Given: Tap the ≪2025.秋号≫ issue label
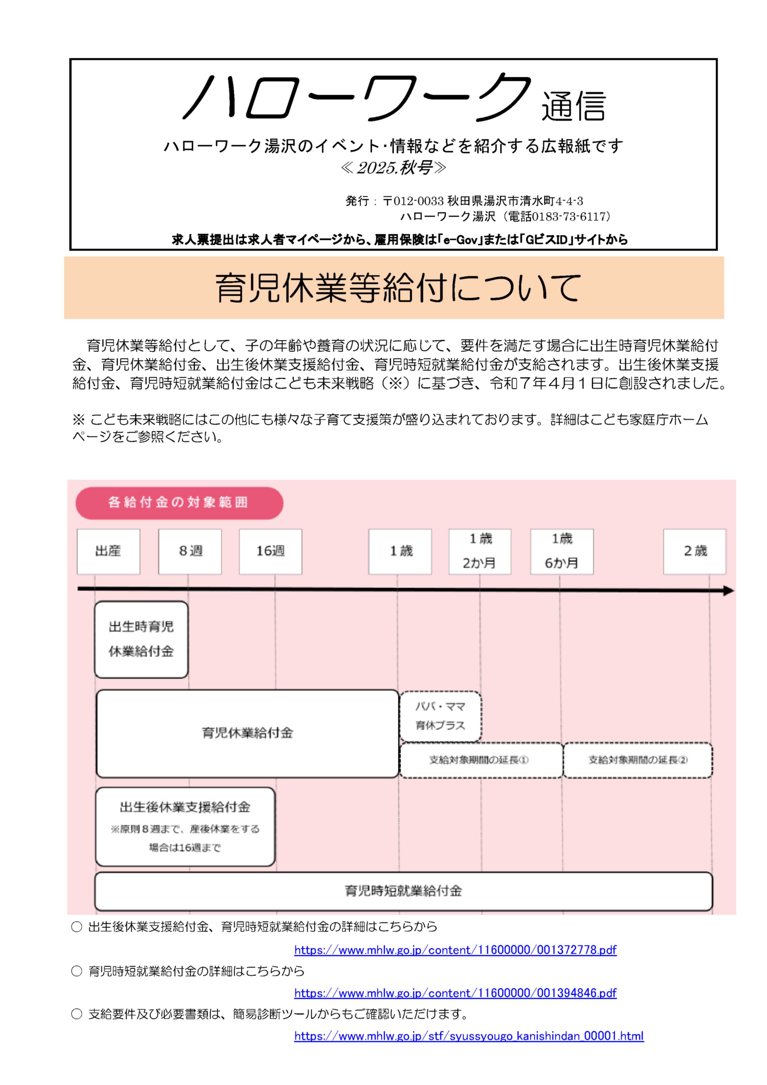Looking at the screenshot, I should pyautogui.click(x=393, y=168).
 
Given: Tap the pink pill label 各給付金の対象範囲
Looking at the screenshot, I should pyautogui.click(x=179, y=502).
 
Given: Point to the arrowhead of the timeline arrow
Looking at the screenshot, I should pyautogui.click(x=729, y=591).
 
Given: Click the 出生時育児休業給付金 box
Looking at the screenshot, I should pyautogui.click(x=141, y=639).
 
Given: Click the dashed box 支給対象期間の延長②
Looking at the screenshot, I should pyautogui.click(x=638, y=760).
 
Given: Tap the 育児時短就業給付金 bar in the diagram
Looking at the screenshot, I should pyautogui.click(x=403, y=891).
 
